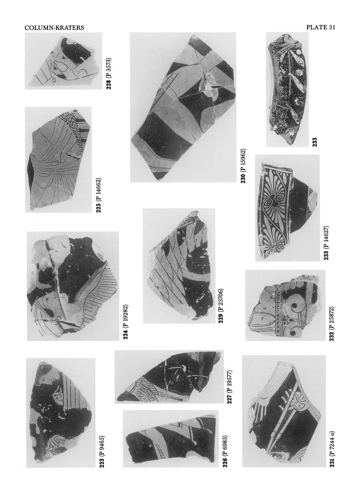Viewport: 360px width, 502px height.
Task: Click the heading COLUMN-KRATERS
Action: click(54, 28)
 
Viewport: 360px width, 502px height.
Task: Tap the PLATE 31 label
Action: click(320, 27)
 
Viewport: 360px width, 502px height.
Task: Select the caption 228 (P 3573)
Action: click(109, 74)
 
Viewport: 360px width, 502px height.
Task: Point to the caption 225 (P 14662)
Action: click(99, 195)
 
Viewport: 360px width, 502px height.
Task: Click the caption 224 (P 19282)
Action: click(126, 322)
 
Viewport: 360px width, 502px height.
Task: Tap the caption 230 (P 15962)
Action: click(243, 166)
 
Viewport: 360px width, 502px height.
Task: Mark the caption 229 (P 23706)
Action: click(221, 306)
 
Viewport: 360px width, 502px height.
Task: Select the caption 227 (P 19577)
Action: click(230, 386)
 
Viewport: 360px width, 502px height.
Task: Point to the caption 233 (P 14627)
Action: click(326, 243)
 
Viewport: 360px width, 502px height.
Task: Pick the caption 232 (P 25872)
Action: click(332, 324)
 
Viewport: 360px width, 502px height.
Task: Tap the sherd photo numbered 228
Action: click(63, 61)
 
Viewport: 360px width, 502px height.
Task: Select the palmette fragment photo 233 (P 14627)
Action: click(287, 208)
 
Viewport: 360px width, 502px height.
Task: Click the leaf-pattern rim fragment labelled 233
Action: click(287, 89)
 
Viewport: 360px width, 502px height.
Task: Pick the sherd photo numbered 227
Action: click(169, 376)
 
